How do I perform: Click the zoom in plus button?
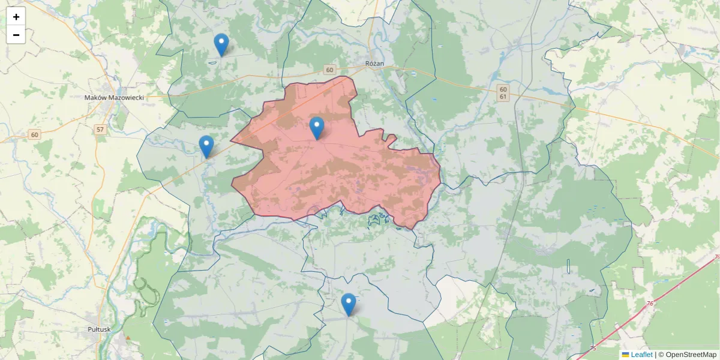coord(16,17)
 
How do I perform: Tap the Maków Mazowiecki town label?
coord(114,97)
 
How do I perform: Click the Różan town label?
coord(374,63)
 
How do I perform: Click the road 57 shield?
coord(100,129)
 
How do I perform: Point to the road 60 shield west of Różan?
coord(329,70)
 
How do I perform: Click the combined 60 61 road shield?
coord(503,92)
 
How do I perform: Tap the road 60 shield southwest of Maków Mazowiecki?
coord(34,134)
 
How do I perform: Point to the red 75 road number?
coord(593,348)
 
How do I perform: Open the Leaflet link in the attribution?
coord(641,355)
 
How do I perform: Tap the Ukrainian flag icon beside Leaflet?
coord(625,355)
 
